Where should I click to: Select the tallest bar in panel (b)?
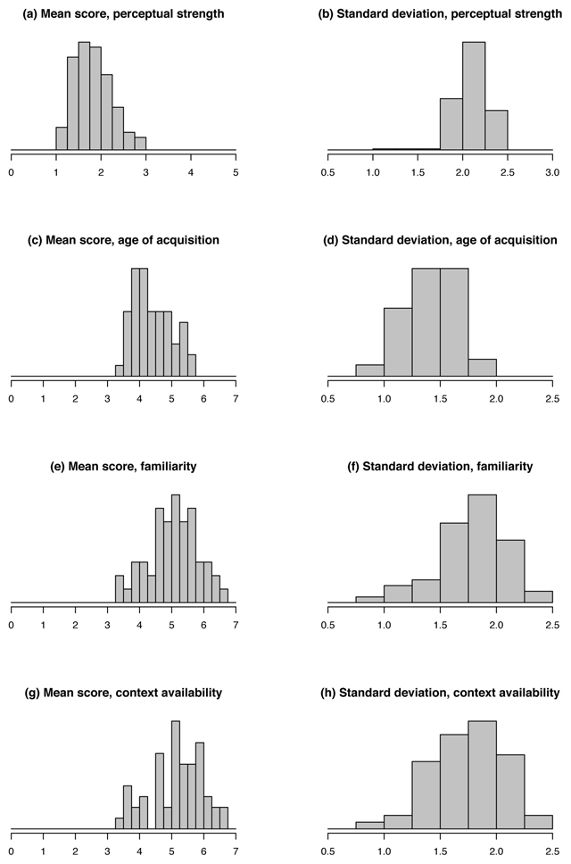pyautogui.click(x=474, y=96)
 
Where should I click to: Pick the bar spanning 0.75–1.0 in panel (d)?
pyautogui.click(x=370, y=370)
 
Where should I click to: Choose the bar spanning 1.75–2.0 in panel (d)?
pyautogui.click(x=483, y=368)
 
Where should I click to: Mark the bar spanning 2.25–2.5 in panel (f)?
pyautogui.click(x=539, y=596)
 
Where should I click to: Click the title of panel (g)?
pyautogui.click(x=123, y=692)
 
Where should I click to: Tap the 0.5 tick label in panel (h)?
pyautogui.click(x=328, y=850)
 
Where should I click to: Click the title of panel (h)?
pyautogui.click(x=441, y=692)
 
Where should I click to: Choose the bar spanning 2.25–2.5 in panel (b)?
pyautogui.click(x=496, y=129)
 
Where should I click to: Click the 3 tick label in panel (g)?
pyautogui.click(x=108, y=850)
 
